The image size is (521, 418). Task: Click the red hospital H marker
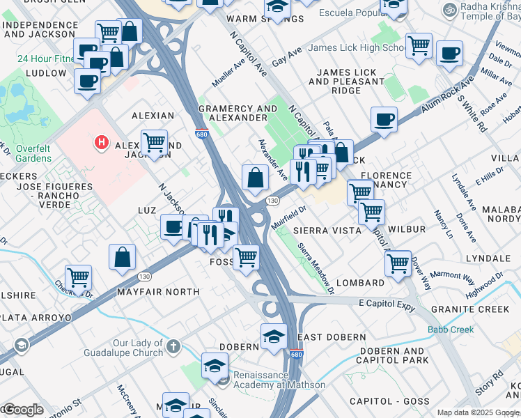tap(102, 144)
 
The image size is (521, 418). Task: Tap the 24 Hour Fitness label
tap(46, 59)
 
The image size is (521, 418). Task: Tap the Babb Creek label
tap(451, 330)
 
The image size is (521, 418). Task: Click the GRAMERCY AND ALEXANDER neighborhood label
tap(238, 114)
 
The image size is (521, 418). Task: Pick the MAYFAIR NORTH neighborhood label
tap(158, 292)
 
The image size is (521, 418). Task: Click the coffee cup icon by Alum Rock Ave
tap(384, 120)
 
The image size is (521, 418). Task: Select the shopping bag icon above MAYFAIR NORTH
tap(123, 256)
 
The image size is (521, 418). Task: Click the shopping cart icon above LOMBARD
tap(397, 263)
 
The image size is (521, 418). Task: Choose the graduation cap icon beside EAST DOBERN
tap(274, 336)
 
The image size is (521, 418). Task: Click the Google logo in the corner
tap(22, 410)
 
